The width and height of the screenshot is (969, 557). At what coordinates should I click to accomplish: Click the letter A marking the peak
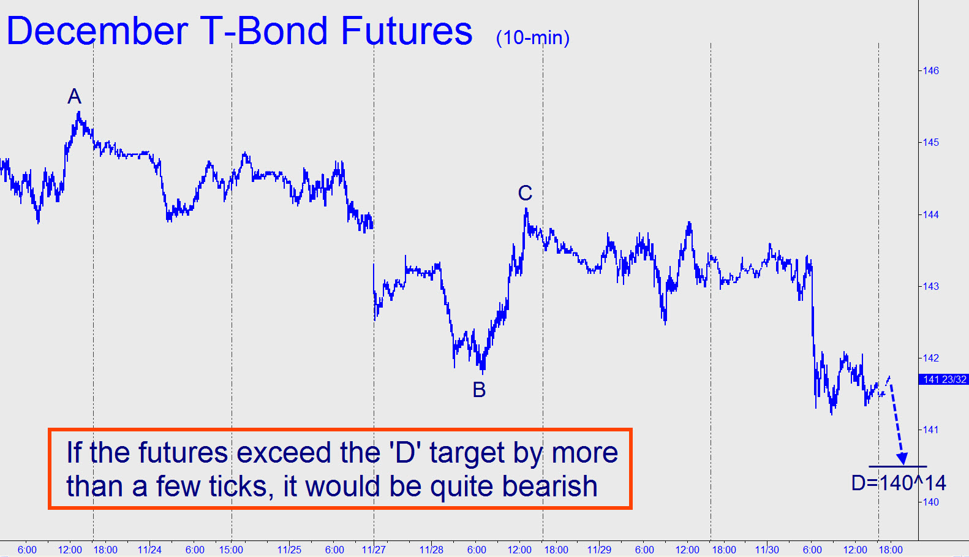[x=74, y=96]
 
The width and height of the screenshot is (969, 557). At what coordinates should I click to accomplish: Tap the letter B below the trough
[x=479, y=390]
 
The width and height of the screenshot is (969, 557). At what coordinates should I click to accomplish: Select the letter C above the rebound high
[x=525, y=193]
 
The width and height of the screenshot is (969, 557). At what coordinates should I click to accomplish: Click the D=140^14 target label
[x=898, y=483]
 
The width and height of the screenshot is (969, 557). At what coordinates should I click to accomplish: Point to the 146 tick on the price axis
[x=931, y=70]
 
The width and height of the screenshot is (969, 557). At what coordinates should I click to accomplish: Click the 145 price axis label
[x=931, y=142]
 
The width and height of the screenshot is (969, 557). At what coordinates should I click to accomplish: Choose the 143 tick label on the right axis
[x=931, y=286]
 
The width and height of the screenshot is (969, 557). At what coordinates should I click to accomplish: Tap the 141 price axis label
[x=931, y=430]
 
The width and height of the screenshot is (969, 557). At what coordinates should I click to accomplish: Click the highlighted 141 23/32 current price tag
[x=944, y=379]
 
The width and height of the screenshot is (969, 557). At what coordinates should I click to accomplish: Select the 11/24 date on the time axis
[x=149, y=550]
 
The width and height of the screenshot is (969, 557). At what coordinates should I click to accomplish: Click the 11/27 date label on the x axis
[x=374, y=550]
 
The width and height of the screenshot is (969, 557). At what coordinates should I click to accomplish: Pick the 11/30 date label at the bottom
[x=767, y=550]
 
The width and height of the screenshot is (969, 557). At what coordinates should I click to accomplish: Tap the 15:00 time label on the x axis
[x=231, y=550]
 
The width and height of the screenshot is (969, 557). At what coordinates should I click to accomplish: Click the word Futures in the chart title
[x=407, y=31]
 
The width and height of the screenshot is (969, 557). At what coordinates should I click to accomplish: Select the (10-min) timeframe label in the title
[x=532, y=37]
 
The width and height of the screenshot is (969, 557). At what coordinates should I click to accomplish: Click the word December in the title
[x=97, y=31]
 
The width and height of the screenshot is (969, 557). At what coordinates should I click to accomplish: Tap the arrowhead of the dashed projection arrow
[x=902, y=459]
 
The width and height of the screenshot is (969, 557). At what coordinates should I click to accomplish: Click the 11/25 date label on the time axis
[x=289, y=550]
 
